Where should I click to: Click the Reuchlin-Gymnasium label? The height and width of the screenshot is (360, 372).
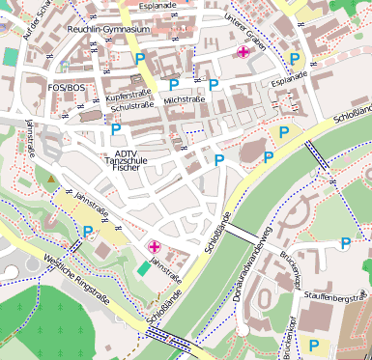click(107, 30)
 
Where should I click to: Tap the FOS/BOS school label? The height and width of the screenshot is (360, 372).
click(66, 88)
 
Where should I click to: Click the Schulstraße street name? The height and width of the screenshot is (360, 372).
click(134, 108)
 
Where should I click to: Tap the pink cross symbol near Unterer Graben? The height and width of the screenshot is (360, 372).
click(243, 51)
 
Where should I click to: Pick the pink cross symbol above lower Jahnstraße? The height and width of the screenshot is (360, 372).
click(154, 247)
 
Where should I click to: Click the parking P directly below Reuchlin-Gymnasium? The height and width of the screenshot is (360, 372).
click(140, 60)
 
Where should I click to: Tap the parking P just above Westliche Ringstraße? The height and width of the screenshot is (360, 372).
click(89, 232)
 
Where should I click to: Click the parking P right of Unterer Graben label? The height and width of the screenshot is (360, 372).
click(294, 60)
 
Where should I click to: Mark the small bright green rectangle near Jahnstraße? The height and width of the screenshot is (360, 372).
click(144, 266)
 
